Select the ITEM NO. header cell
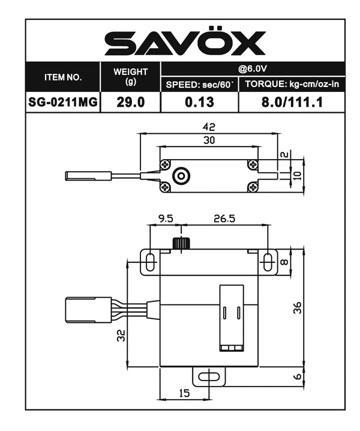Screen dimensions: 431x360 click(62, 77)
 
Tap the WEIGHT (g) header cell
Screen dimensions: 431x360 click(130, 76)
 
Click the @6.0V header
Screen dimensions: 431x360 click(253, 68)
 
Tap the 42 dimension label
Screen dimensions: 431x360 click(208, 127)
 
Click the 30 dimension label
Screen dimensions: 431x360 click(208, 139)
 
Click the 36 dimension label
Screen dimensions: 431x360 click(298, 307)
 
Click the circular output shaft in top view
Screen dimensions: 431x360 click(179, 176)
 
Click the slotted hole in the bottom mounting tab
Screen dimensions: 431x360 click(208, 377)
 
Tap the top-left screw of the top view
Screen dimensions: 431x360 click(166, 164)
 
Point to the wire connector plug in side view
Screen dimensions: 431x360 click(88, 310)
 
